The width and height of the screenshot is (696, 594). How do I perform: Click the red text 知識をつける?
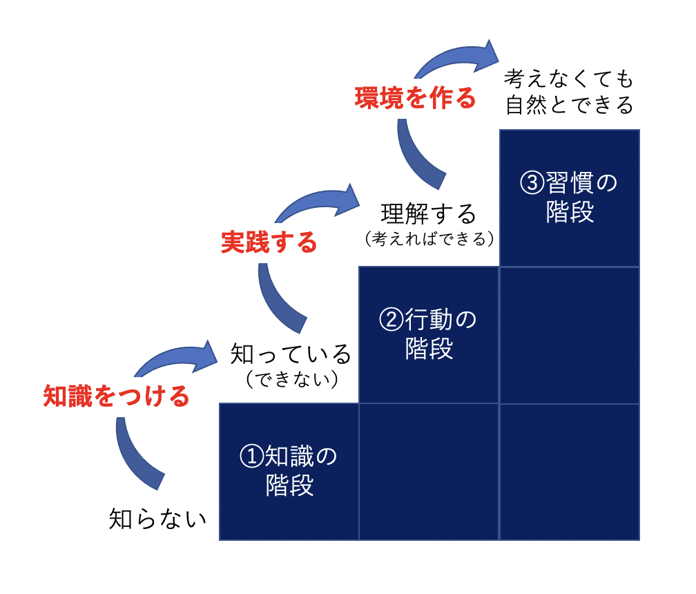point(116,396)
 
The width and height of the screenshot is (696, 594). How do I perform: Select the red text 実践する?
point(269,242)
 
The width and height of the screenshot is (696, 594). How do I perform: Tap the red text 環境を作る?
point(416,97)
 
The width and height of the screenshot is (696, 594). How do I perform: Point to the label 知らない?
point(158,519)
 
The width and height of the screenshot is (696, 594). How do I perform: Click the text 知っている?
point(291,354)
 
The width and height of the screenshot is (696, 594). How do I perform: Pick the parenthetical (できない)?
point(292,379)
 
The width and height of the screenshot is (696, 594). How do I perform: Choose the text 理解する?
point(429,213)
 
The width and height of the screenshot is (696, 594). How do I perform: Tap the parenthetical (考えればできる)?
point(429,239)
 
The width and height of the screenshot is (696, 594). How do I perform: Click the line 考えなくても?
point(569,79)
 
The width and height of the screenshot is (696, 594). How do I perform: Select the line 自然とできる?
point(570,105)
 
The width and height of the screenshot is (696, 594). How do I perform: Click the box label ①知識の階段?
point(289,470)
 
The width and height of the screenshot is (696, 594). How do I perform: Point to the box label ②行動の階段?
point(428,334)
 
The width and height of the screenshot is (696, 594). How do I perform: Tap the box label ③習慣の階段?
point(569,197)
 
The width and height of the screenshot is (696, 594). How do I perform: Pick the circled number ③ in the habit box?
point(532,182)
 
